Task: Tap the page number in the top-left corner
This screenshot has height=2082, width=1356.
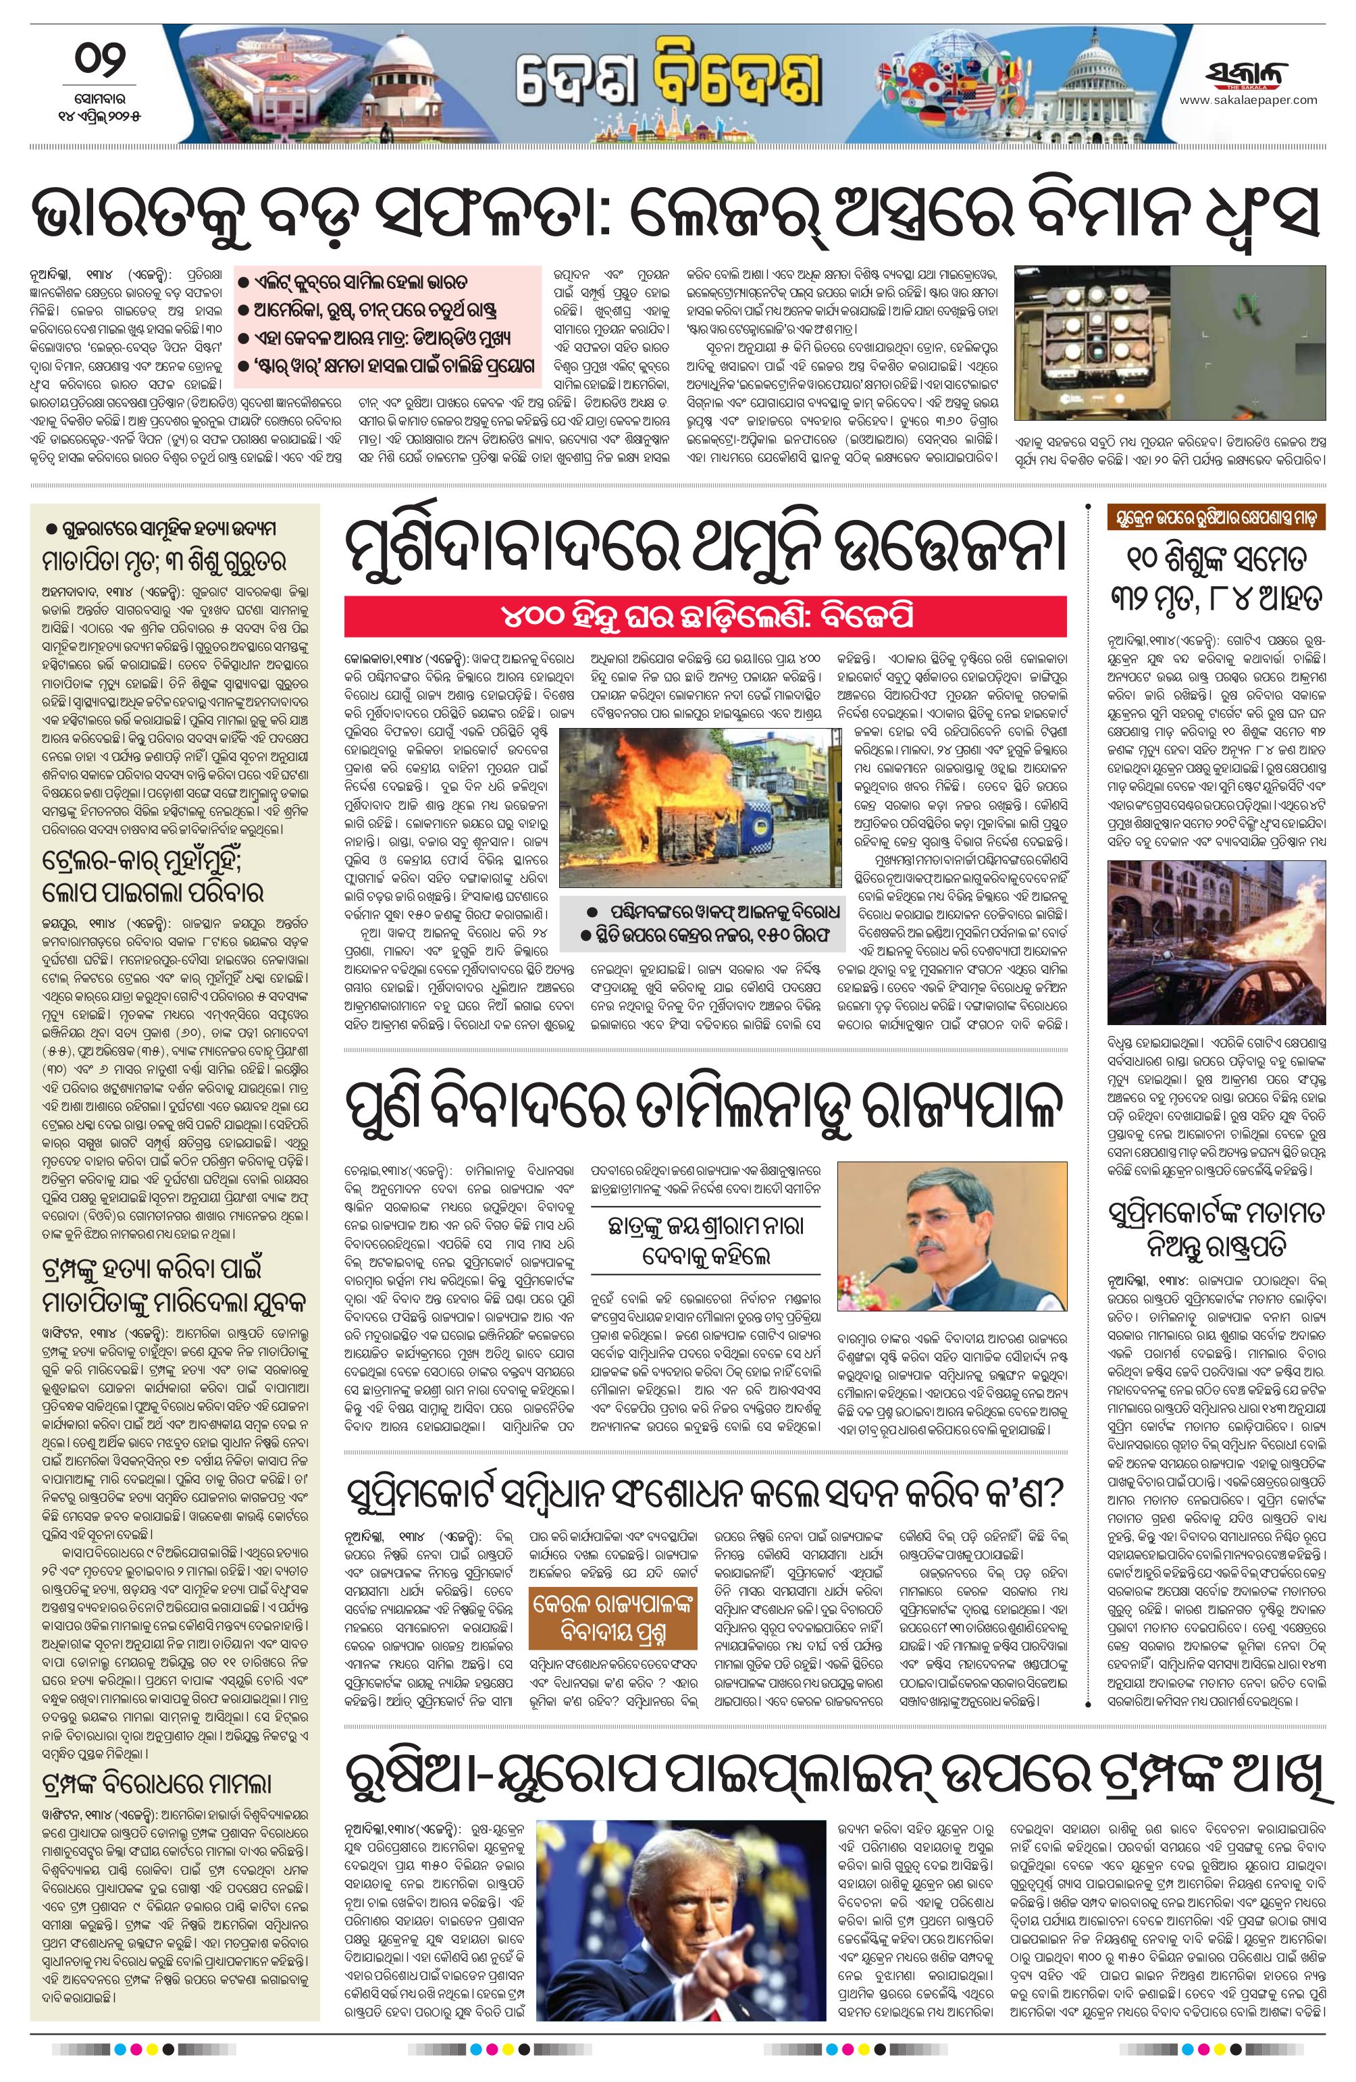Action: pyautogui.click(x=99, y=61)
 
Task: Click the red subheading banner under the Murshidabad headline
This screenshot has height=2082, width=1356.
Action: pyautogui.click(x=705, y=617)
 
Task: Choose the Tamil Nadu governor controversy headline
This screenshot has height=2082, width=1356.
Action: pyautogui.click(x=705, y=1110)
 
